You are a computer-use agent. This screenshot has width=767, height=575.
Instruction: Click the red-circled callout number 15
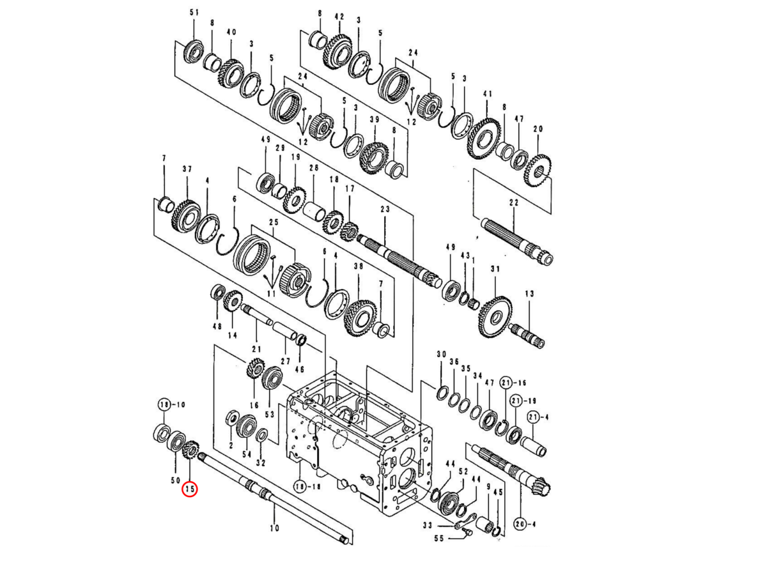(x=189, y=489)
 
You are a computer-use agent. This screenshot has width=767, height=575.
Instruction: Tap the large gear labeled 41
(x=484, y=137)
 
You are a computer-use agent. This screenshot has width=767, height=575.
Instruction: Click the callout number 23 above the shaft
(x=384, y=209)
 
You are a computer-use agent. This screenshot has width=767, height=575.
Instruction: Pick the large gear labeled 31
(x=493, y=316)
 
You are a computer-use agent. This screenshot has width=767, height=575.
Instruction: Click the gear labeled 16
(x=255, y=369)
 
